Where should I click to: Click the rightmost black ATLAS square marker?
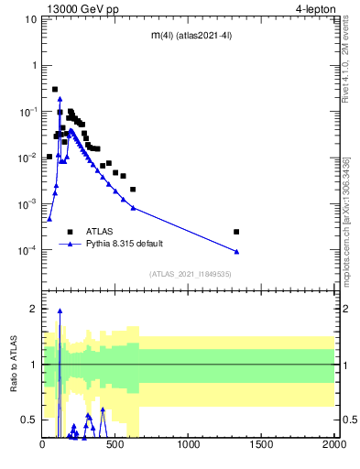[x=236, y=232]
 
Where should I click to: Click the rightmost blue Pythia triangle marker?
[x=236, y=251]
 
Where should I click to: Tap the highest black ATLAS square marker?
[x=55, y=90]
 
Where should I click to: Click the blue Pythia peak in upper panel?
[x=60, y=98]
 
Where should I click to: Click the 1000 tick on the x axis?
[x=189, y=445]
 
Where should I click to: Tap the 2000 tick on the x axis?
[x=334, y=445]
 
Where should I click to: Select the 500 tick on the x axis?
[x=116, y=445]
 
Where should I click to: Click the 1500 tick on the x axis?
[x=262, y=445]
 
